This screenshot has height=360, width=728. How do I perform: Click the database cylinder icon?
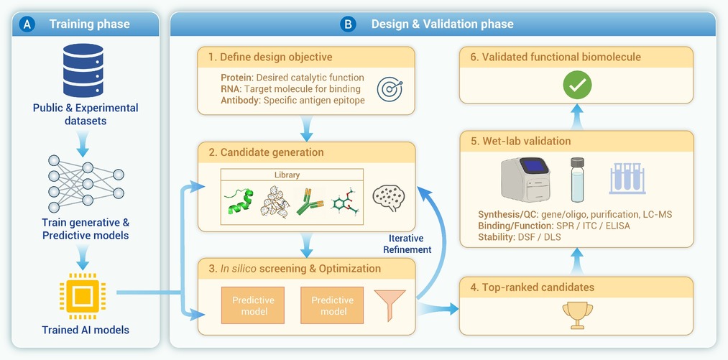(83, 70)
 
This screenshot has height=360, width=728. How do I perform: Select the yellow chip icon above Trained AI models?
(83, 296)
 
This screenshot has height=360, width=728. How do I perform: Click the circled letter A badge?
(27, 24)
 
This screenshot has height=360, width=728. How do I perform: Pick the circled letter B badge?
(348, 24)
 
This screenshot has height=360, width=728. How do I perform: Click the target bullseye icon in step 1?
(390, 89)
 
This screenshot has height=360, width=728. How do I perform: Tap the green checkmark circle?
(577, 85)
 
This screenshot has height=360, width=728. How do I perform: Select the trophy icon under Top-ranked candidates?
(577, 315)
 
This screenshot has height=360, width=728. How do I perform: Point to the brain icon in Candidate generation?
(389, 198)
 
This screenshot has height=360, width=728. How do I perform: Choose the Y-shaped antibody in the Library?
(308, 200)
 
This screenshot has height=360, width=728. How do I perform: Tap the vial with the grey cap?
(577, 180)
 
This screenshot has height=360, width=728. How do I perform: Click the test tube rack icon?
(627, 178)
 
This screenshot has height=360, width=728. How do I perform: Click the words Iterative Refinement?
(407, 244)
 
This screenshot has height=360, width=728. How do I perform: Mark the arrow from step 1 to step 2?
(306, 128)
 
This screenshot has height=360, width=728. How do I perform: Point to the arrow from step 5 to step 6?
(576, 116)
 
